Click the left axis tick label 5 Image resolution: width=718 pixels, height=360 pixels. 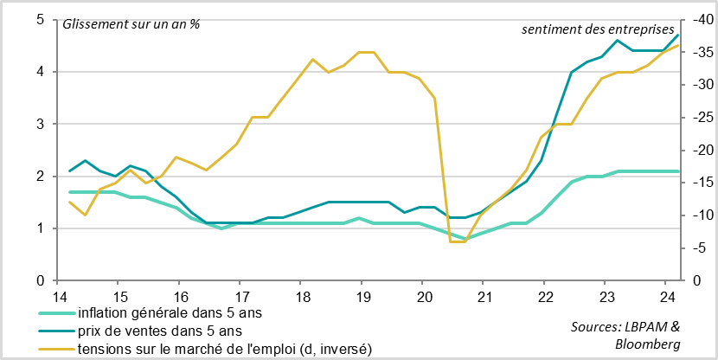(x=40, y=20)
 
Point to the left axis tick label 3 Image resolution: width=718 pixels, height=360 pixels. (x=40, y=125)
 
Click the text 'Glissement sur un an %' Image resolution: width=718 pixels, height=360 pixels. (x=131, y=22)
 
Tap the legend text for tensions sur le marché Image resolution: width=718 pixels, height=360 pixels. (x=225, y=348)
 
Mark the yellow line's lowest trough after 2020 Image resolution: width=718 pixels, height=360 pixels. (x=458, y=241)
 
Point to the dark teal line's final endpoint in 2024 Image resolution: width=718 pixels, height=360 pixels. (x=678, y=35)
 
